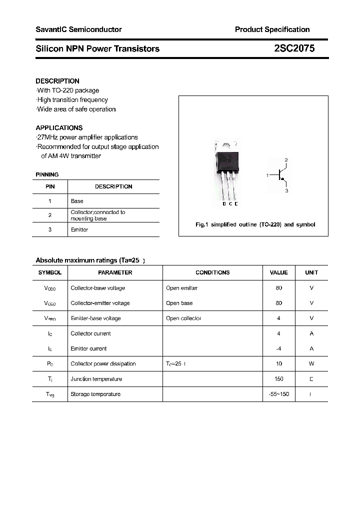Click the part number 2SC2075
coord(294,48)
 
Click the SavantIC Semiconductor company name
coord(78,29)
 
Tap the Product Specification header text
coord(272,29)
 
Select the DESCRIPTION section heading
coord(57,81)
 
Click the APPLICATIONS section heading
coord(59,128)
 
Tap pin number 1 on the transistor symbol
coord(267,175)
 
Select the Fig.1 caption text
coord(255,225)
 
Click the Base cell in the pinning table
coord(77,201)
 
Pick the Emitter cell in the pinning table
coord(79,229)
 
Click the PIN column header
coord(50,186)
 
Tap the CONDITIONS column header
coord(212,272)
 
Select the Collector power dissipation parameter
coord(103,364)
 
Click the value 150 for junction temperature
coord(278,379)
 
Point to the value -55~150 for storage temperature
coord(278,394)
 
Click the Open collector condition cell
coord(183,318)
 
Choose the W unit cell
coord(311,364)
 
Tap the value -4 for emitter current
coord(278,348)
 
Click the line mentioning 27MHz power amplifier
coord(87,137)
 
